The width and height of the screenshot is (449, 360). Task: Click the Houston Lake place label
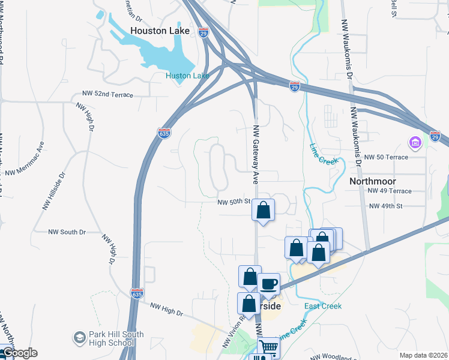[x=160, y=31]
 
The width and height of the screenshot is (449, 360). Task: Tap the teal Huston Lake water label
[x=187, y=76]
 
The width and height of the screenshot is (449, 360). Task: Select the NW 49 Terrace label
[x=391, y=191]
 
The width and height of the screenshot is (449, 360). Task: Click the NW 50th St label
[x=234, y=203]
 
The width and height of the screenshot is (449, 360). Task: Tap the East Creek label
[x=323, y=306]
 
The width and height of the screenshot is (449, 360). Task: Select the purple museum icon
[x=415, y=143]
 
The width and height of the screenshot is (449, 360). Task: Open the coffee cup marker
[x=268, y=283]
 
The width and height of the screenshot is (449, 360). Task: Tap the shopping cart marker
[x=268, y=347]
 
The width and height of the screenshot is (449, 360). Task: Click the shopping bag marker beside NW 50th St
[x=263, y=210]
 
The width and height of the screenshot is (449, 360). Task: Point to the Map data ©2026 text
[x=423, y=355]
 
